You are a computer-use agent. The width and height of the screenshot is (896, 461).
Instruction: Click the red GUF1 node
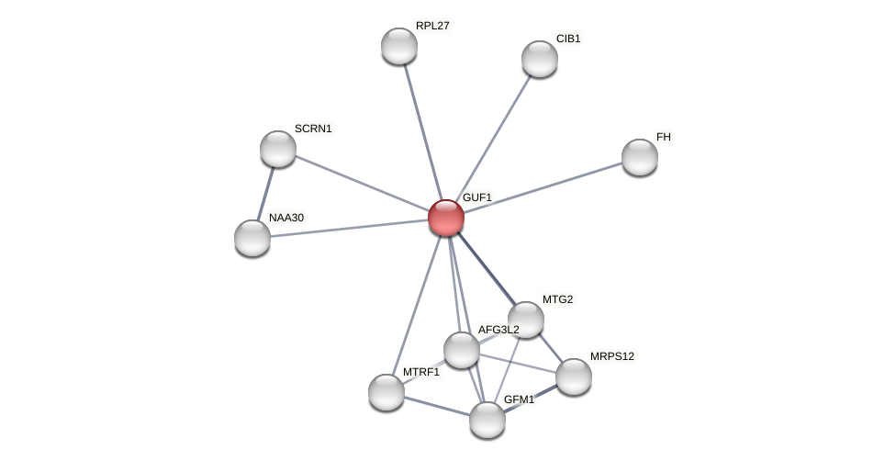click(446, 218)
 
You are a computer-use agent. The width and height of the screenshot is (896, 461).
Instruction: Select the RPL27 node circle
click(399, 46)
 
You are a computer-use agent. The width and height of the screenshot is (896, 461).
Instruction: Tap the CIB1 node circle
click(540, 59)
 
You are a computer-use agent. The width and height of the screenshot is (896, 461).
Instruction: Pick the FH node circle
click(640, 157)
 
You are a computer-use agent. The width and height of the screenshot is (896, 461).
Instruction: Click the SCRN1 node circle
click(278, 149)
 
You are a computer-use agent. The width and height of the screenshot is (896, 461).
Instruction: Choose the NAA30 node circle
click(252, 238)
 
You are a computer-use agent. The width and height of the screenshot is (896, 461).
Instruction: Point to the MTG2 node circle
click(526, 320)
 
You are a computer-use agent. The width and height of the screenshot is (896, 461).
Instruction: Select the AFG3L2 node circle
click(462, 350)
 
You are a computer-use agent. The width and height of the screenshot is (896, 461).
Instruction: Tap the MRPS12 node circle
click(574, 377)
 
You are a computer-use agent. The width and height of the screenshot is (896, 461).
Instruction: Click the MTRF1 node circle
click(386, 392)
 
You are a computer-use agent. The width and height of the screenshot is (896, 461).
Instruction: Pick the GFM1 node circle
click(487, 420)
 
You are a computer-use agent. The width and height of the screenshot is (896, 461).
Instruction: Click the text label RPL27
click(432, 26)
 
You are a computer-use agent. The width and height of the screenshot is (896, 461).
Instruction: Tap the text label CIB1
click(568, 39)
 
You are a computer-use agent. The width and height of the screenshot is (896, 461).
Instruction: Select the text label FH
click(664, 137)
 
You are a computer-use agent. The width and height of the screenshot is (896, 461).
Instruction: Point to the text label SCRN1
click(313, 129)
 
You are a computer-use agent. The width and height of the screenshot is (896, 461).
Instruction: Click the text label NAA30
click(286, 218)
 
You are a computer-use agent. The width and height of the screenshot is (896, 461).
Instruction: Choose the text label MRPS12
click(611, 356)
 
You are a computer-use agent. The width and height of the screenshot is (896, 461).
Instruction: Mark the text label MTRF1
click(420, 372)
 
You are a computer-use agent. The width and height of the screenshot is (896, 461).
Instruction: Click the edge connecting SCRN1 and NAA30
click(265, 193)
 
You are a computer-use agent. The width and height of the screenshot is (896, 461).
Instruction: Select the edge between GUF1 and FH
click(543, 187)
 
